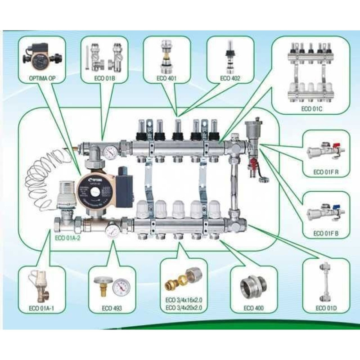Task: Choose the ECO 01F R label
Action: tap(326, 171)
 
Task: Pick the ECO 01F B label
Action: tap(326, 234)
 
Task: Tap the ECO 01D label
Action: tap(326, 308)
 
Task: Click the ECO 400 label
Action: tap(253, 308)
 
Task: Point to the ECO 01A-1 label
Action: tap(40, 308)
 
